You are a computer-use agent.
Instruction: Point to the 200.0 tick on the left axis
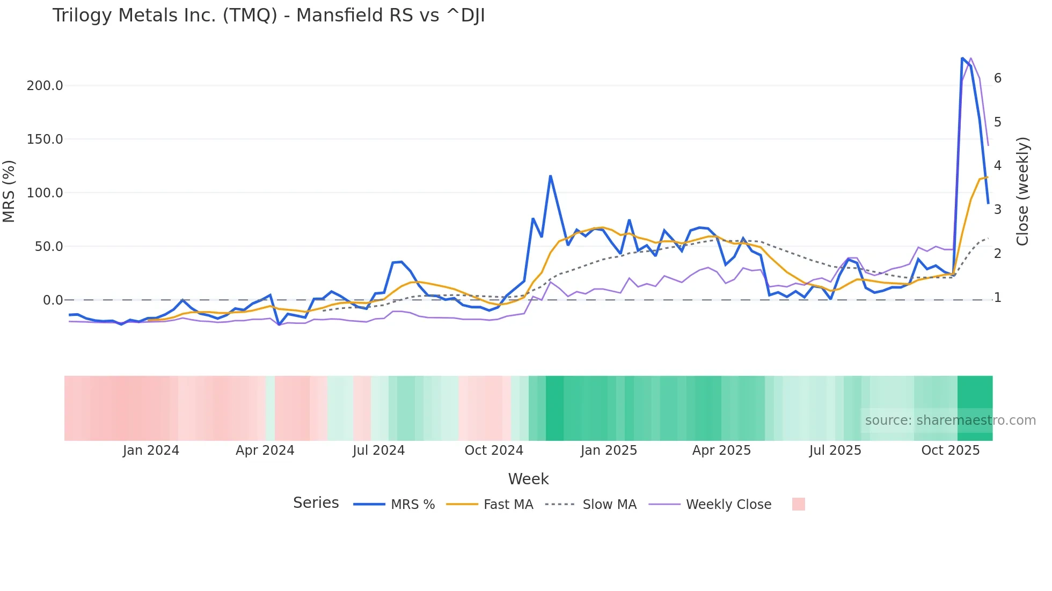[45, 86]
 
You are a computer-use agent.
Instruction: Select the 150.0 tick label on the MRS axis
[45, 139]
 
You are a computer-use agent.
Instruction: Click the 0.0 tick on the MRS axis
[53, 300]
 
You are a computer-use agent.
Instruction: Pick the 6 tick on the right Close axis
[997, 78]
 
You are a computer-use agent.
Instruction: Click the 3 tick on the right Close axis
[997, 210]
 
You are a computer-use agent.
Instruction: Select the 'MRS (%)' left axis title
[9, 191]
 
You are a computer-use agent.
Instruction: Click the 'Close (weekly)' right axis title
[1022, 191]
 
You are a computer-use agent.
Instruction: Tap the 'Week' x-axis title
[528, 479]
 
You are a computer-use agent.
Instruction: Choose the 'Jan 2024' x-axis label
[151, 450]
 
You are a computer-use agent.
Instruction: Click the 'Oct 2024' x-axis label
[494, 450]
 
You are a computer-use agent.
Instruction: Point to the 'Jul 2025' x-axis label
[835, 450]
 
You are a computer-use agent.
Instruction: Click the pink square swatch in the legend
[798, 504]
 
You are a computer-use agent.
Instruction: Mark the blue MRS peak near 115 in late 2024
[550, 176]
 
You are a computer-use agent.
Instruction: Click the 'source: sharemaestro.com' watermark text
[950, 420]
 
